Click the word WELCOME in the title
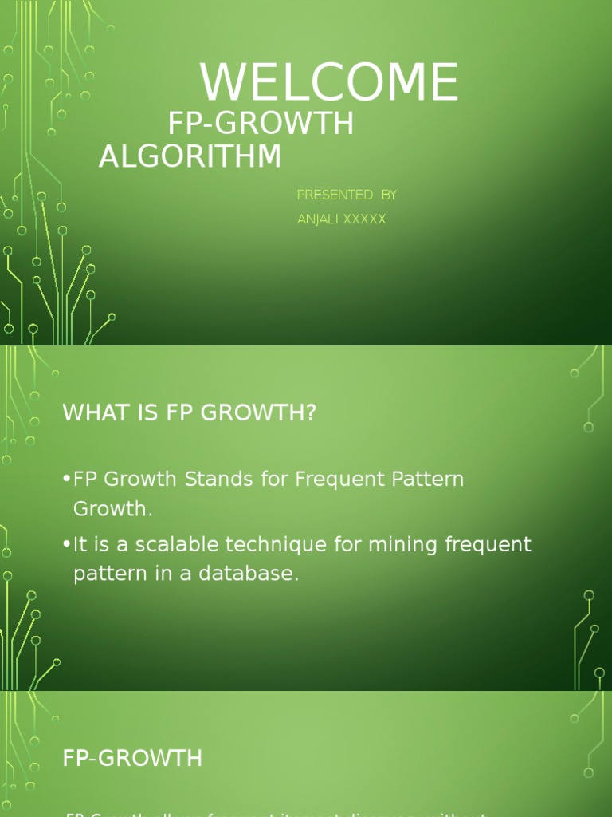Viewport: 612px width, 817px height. click(x=329, y=83)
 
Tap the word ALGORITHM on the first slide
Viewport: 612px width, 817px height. click(x=190, y=156)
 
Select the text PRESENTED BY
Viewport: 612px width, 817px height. click(x=347, y=195)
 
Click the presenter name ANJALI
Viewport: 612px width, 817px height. click(x=317, y=219)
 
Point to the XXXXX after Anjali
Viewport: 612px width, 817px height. click(x=363, y=219)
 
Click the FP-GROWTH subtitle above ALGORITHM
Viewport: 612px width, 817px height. click(x=261, y=124)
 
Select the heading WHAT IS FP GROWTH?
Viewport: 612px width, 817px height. click(x=190, y=413)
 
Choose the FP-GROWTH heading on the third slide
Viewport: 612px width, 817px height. click(x=132, y=759)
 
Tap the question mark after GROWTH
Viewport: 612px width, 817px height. click(x=311, y=413)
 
